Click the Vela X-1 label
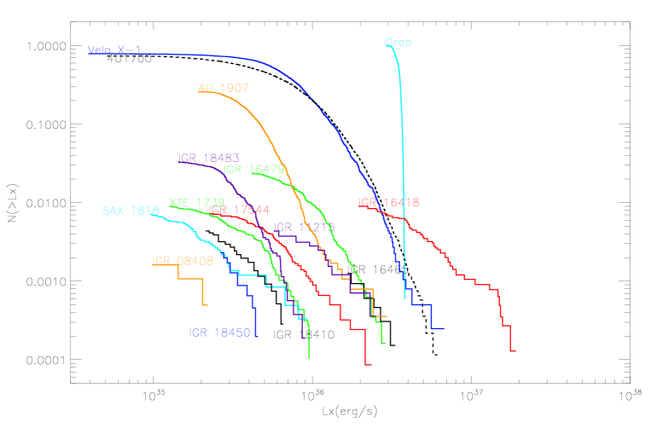[114, 49]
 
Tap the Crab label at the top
[398, 42]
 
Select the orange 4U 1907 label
[223, 88]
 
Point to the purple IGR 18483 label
[208, 158]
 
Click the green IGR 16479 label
[253, 169]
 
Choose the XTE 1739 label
[196, 202]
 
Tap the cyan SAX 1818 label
[131, 211]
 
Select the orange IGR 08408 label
[182, 260]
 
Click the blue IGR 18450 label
[218, 333]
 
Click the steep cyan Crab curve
[402, 171]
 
